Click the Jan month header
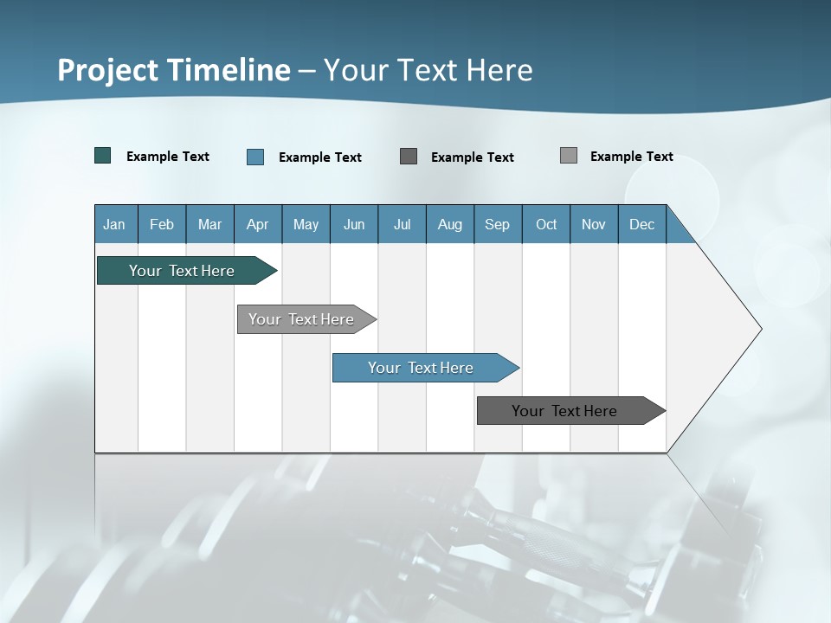click(x=114, y=225)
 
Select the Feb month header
click(x=162, y=225)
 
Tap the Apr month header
click(x=257, y=225)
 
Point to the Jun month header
click(x=354, y=225)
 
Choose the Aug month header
click(x=449, y=225)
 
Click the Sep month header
click(x=497, y=225)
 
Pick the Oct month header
click(x=546, y=225)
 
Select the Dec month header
click(x=641, y=225)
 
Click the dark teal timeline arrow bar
click(x=182, y=271)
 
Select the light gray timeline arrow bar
click(x=301, y=319)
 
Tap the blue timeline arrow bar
click(x=421, y=368)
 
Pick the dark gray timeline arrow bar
click(x=564, y=411)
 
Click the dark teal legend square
click(x=103, y=156)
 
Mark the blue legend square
click(x=255, y=157)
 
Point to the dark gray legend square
click(x=409, y=156)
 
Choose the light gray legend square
click(x=569, y=156)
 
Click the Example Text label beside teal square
click(x=168, y=157)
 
